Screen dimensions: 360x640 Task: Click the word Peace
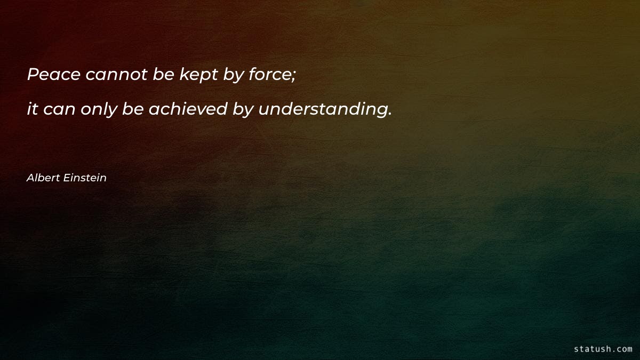53,75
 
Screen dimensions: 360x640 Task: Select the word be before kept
163,75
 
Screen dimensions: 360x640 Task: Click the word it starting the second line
32,109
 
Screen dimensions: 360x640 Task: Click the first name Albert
42,178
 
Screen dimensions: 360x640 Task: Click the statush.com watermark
603,349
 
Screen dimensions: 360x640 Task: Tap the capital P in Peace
33,75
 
